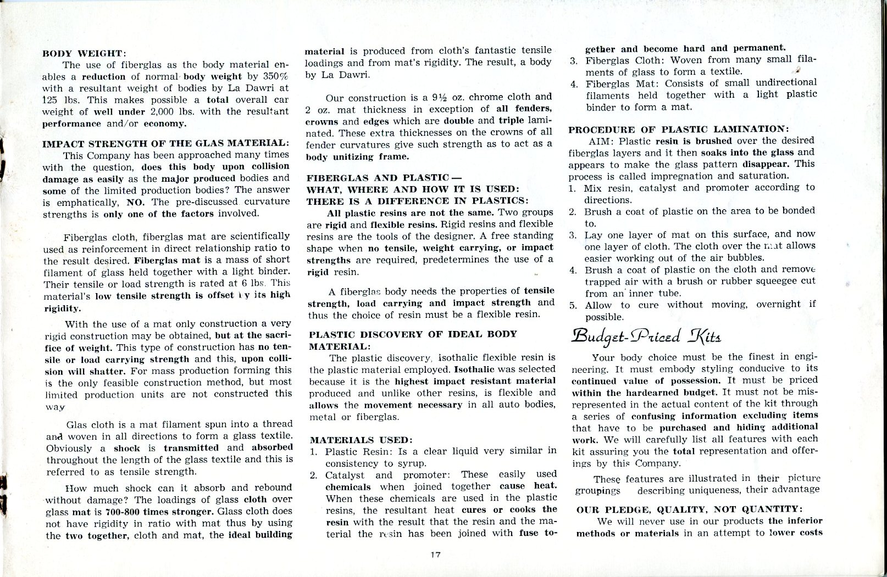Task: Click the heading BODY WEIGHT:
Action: click(85, 53)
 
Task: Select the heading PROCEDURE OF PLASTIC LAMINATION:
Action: click(678, 130)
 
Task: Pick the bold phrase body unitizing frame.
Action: click(349, 157)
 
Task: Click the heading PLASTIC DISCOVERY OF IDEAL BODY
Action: click(413, 334)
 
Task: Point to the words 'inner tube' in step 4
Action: click(654, 293)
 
